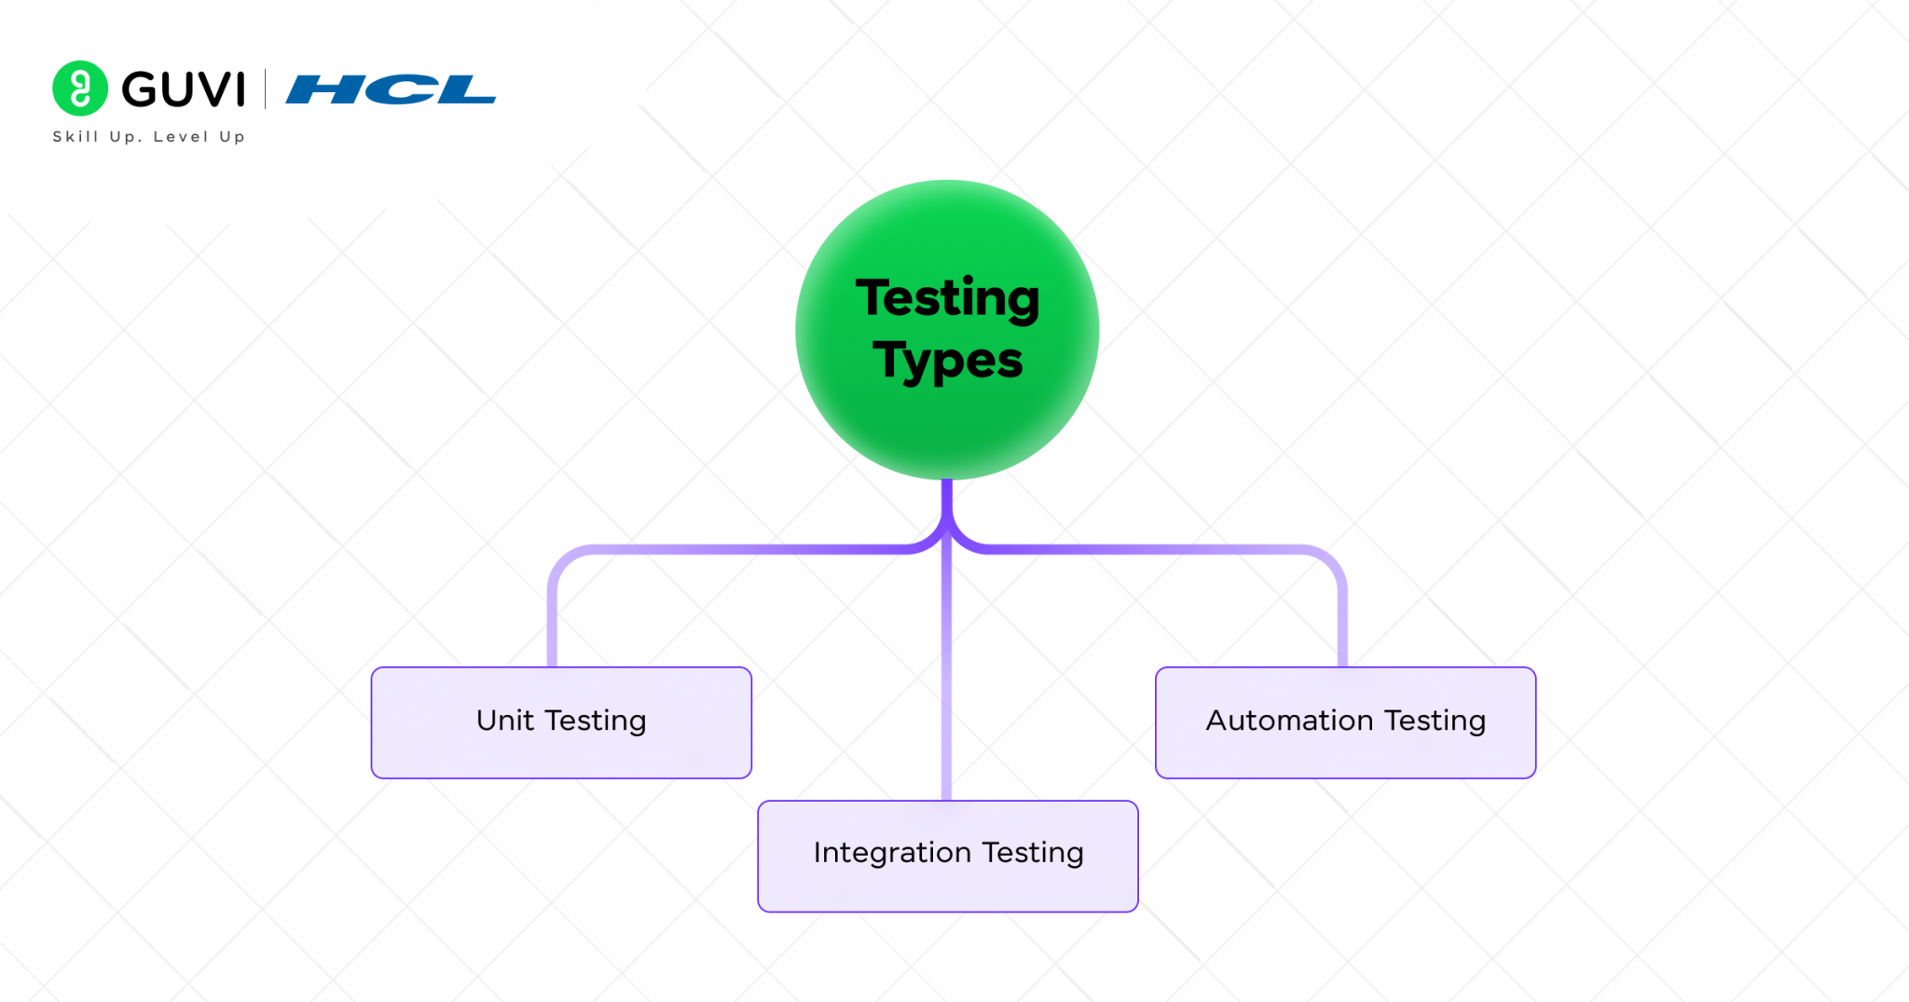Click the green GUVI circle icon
click(x=80, y=89)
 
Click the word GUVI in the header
click(x=184, y=89)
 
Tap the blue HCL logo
click(x=391, y=89)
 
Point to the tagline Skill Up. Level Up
click(x=148, y=137)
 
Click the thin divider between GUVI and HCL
click(x=266, y=89)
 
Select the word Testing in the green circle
click(x=947, y=298)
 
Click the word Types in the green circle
click(x=947, y=361)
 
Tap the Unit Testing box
click(x=561, y=722)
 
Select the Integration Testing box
click(x=947, y=856)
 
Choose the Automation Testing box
click(x=1345, y=722)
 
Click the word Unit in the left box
click(x=504, y=721)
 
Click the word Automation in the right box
click(x=1289, y=721)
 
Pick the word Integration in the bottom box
click(x=892, y=853)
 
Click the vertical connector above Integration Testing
click(x=947, y=680)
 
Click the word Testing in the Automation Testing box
click(x=1435, y=721)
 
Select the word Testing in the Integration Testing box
click(x=1033, y=854)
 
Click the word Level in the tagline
click(x=181, y=137)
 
